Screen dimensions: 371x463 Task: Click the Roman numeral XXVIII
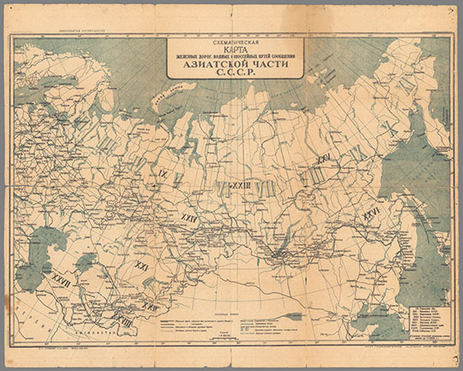[121, 322]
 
